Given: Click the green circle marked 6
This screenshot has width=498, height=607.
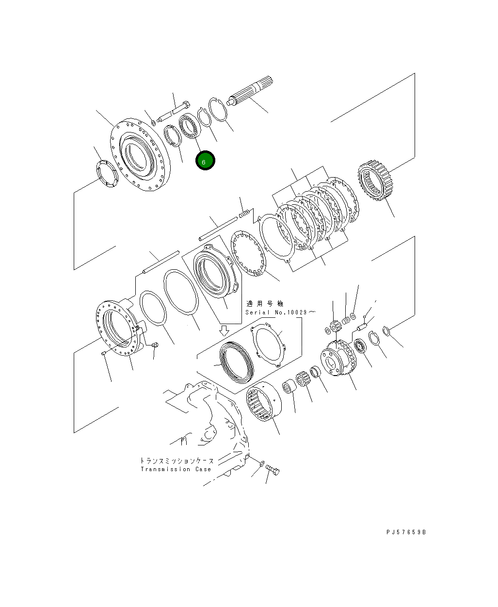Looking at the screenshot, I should pyautogui.click(x=205, y=161).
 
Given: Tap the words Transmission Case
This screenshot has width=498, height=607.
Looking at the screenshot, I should pyautogui.click(x=176, y=469).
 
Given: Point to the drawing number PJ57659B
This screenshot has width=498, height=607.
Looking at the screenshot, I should pyautogui.click(x=406, y=532).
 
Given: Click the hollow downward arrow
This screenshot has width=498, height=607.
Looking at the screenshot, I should pyautogui.click(x=224, y=331).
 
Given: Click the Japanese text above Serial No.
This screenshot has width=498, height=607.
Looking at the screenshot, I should pyautogui.click(x=264, y=304).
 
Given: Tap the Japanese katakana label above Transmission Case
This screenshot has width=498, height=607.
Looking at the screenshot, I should pyautogui.click(x=177, y=460).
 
